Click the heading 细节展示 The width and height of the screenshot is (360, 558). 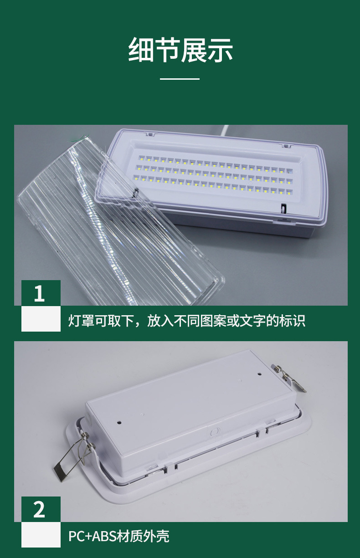coord(180,50)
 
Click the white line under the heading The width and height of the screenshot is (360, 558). coord(180,79)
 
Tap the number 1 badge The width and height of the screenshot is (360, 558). coord(41,293)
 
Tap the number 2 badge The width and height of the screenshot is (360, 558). coord(41,509)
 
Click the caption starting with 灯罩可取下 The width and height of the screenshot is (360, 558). coord(187,321)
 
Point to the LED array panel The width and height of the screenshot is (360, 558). coord(214,175)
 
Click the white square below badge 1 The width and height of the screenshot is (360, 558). coord(41,318)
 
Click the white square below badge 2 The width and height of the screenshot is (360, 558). coord(41,535)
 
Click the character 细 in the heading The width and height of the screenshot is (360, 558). coord(141,50)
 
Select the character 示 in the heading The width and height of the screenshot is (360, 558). coord(220,50)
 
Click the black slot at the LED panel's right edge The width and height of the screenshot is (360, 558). coord(282,209)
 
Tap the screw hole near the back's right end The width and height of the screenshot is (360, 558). coord(260,375)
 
